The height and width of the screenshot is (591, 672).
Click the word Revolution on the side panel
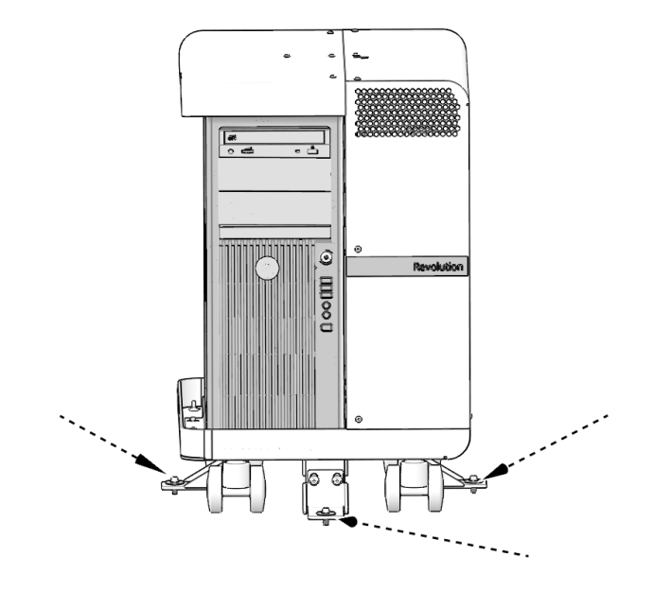click(438, 268)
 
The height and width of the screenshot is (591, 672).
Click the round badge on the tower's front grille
click(268, 269)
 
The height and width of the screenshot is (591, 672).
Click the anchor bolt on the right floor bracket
click(470, 480)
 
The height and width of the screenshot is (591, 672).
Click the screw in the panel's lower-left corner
click(357, 417)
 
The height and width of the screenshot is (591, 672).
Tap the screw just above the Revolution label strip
click(357, 249)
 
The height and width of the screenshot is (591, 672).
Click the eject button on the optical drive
click(313, 151)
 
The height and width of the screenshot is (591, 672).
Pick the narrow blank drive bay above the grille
click(274, 232)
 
